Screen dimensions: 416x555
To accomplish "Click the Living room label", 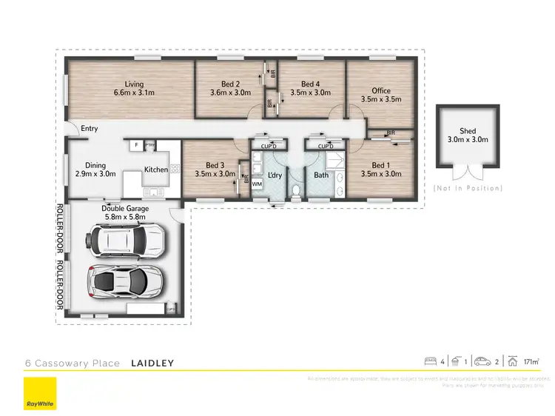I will pyautogui.click(x=134, y=84).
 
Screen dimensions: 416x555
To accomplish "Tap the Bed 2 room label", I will pyautogui.click(x=230, y=84).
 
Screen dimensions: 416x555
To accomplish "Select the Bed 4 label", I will pyautogui.click(x=311, y=84).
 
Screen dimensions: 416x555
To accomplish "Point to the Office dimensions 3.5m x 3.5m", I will pyautogui.click(x=380, y=98).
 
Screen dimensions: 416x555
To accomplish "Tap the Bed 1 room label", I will pyautogui.click(x=380, y=165).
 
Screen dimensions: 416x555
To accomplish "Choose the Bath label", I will pyautogui.click(x=321, y=175).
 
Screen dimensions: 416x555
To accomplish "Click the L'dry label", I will pyautogui.click(x=276, y=175).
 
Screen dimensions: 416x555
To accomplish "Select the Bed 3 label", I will pyautogui.click(x=215, y=165).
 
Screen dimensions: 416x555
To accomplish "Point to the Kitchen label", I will pyautogui.click(x=156, y=170).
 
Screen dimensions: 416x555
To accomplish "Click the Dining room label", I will pyautogui.click(x=95, y=165).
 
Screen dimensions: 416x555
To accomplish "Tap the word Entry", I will pyautogui.click(x=90, y=129).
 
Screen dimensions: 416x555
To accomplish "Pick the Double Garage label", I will pyautogui.click(x=125, y=209).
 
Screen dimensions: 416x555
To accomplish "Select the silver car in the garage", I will pyautogui.click(x=127, y=281).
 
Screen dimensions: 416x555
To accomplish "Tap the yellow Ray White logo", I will pyautogui.click(x=39, y=393).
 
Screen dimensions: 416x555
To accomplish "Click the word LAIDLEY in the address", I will pyautogui.click(x=152, y=363).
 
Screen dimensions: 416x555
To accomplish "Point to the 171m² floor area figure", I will pyautogui.click(x=530, y=362).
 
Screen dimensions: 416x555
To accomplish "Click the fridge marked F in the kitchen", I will pyautogui.click(x=136, y=145).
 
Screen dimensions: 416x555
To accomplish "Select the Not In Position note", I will pyautogui.click(x=468, y=188).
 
